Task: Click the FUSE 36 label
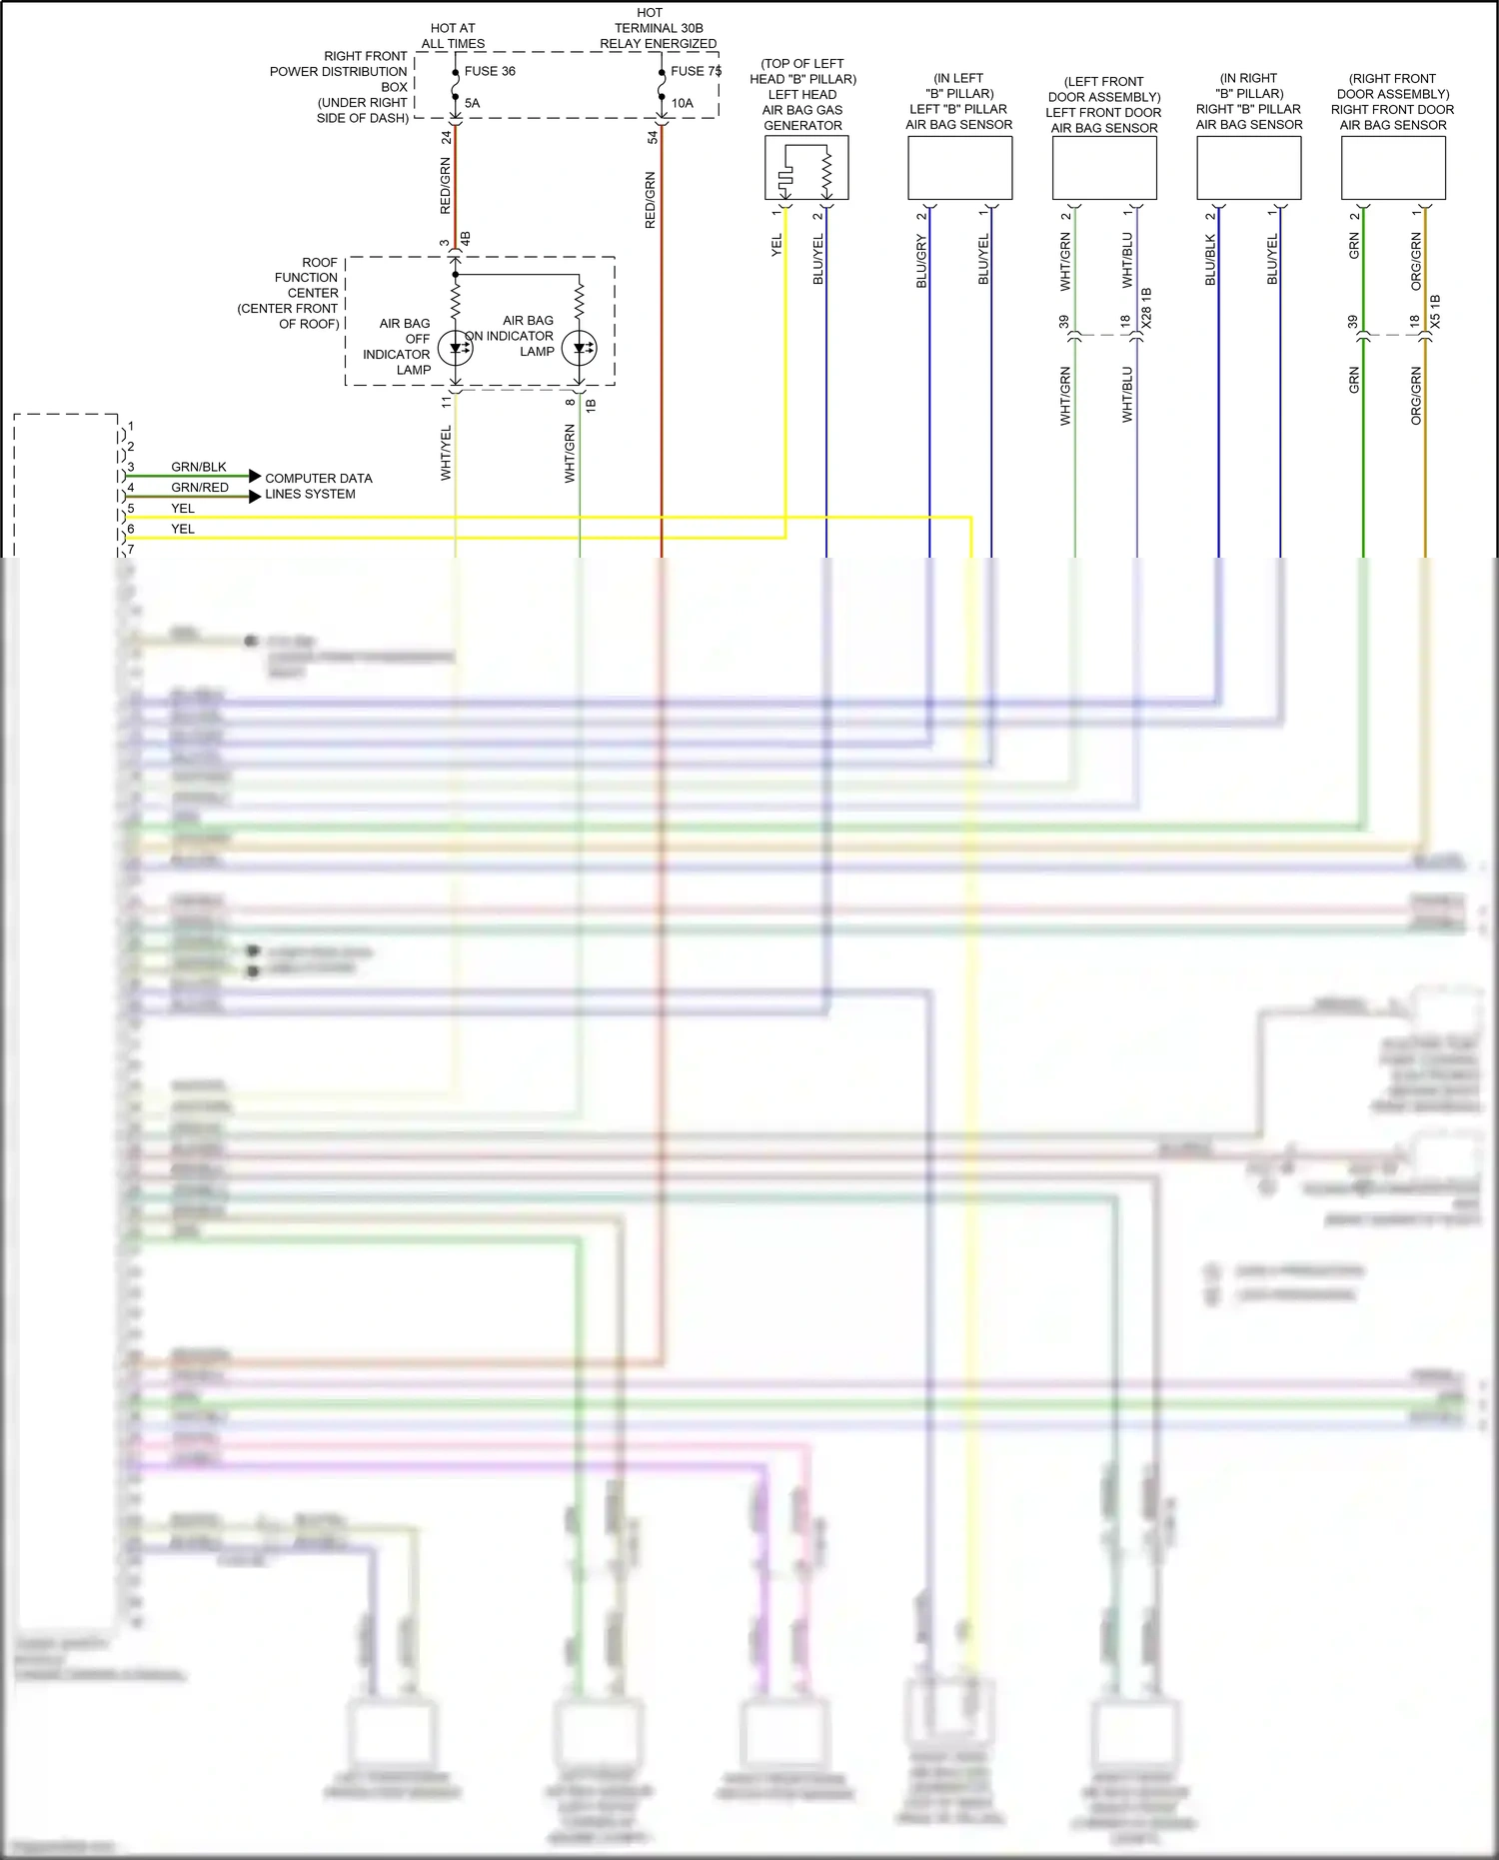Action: [x=490, y=71]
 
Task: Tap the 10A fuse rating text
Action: [x=682, y=103]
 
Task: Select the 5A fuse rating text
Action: [x=472, y=103]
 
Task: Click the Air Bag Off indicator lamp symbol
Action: [x=456, y=348]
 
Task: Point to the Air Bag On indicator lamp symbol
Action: [x=580, y=348]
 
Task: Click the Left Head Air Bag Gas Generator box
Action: [x=806, y=168]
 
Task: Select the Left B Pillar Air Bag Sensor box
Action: [x=959, y=168]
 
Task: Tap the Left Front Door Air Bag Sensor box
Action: [x=1104, y=168]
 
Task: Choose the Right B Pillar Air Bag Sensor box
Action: [x=1249, y=168]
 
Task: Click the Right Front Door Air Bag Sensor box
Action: [x=1393, y=168]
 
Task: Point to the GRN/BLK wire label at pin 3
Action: [x=199, y=467]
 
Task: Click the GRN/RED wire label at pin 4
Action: [x=200, y=488]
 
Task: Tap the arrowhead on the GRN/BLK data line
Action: [x=255, y=476]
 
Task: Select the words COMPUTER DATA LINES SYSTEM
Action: [x=318, y=486]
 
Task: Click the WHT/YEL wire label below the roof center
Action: [x=446, y=452]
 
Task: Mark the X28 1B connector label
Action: [x=1146, y=308]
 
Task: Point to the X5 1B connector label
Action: [x=1435, y=312]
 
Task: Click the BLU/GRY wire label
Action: [x=921, y=262]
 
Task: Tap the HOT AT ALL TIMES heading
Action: [x=453, y=36]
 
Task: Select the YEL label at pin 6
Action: [x=183, y=529]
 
